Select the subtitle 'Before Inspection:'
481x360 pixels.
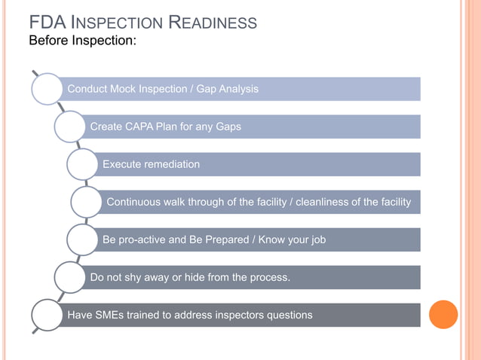click(x=82, y=40)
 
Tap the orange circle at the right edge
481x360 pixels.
click(x=443, y=315)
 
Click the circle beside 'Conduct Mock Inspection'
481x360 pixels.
click(x=47, y=89)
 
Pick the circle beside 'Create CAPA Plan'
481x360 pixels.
click(x=69, y=127)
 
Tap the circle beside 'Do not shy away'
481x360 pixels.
click(x=69, y=277)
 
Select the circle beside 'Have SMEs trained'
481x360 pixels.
click(x=47, y=315)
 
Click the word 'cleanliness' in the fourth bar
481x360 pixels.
click(x=323, y=202)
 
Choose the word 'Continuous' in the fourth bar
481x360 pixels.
click(x=135, y=202)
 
